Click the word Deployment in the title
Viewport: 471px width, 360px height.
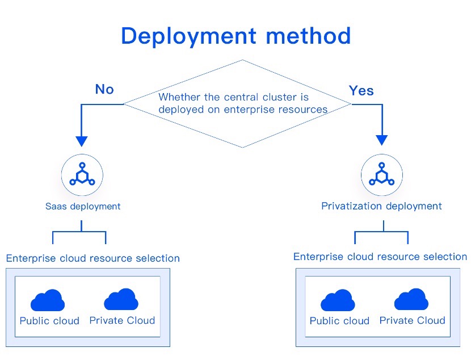[188, 37]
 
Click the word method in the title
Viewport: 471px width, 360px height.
[309, 35]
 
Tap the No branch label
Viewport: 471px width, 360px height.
[104, 89]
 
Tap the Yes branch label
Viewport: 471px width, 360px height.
[361, 90]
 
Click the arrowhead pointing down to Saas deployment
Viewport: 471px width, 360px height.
[81, 141]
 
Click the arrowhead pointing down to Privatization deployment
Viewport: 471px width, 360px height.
[382, 140]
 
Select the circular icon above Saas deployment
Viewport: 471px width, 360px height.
[82, 175]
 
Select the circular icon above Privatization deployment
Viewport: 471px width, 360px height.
[382, 175]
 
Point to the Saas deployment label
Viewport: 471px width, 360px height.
[83, 207]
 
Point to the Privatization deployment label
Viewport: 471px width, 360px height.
[381, 206]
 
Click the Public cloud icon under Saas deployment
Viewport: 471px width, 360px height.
[48, 300]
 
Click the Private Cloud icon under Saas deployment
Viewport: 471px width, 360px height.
[121, 299]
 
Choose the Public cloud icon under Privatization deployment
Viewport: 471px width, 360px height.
[338, 300]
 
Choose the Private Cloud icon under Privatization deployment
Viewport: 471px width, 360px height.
[411, 299]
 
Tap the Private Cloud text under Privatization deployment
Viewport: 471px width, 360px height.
[413, 321]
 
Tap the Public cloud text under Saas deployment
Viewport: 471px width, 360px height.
[49, 321]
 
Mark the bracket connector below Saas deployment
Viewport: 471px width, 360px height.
[79, 232]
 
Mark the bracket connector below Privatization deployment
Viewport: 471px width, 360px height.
[381, 232]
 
